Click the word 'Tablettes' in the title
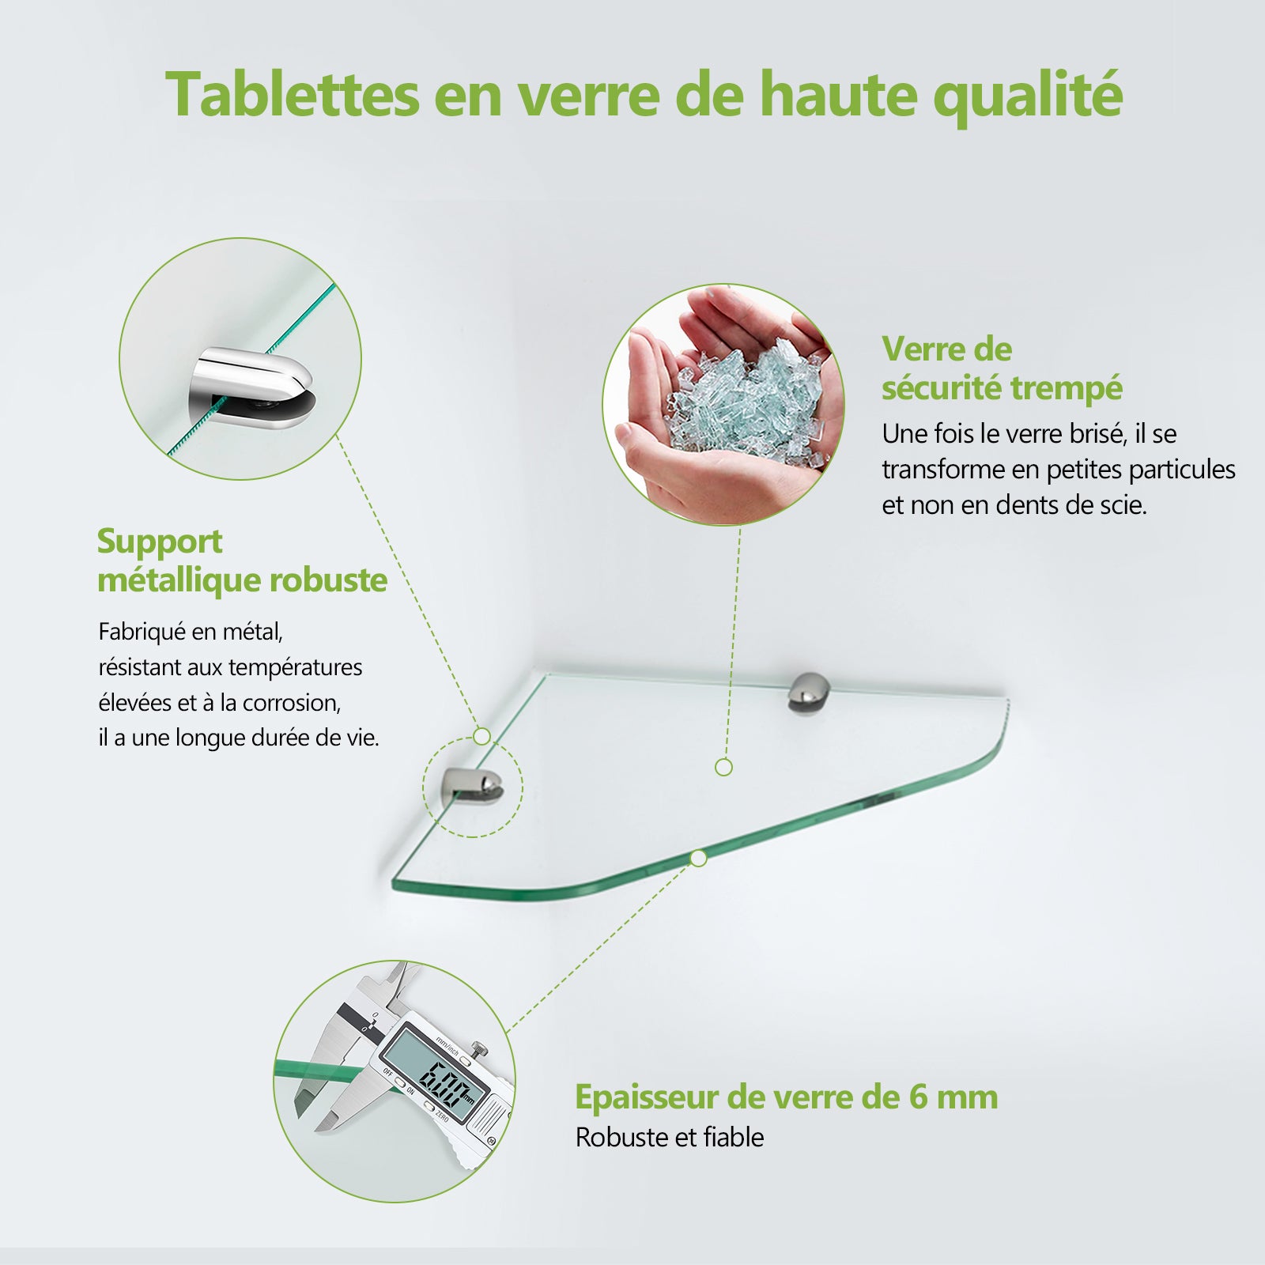pyautogui.click(x=292, y=95)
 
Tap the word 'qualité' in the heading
pyautogui.click(x=1027, y=96)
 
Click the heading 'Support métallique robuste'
pyautogui.click(x=241, y=561)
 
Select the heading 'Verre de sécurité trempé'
pyautogui.click(x=1001, y=368)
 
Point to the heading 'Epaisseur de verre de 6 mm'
pyautogui.click(x=786, y=1097)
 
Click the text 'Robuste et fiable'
pyautogui.click(x=669, y=1137)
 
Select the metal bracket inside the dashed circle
pyautogui.click(x=474, y=785)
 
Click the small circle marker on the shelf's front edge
pyautogui.click(x=698, y=858)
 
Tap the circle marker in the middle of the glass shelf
pyautogui.click(x=723, y=767)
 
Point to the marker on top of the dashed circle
pyautogui.click(x=481, y=737)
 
